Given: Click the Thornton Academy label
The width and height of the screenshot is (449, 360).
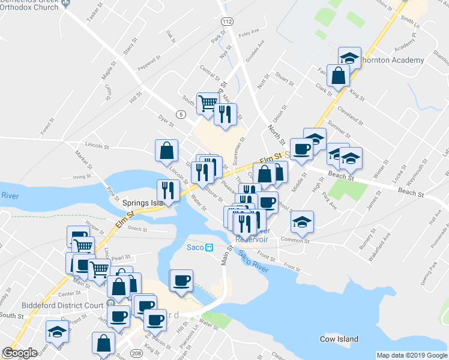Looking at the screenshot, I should click(391, 60).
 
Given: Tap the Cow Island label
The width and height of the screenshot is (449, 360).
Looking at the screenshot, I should click(340, 339).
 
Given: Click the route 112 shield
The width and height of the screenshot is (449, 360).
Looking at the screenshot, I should click(226, 21).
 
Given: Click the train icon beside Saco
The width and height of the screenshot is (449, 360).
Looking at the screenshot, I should click(209, 247).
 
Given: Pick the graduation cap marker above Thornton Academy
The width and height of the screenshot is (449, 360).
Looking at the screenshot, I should click(349, 58).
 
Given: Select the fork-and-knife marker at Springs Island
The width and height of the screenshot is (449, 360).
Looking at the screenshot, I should click(167, 190).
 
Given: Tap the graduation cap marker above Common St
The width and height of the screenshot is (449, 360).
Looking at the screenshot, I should click(302, 221).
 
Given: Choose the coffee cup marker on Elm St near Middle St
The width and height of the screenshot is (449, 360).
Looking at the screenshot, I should click(301, 148).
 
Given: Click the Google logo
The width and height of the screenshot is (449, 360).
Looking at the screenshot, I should click(19, 353).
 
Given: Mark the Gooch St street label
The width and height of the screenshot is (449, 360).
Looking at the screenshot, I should click(137, 229).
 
